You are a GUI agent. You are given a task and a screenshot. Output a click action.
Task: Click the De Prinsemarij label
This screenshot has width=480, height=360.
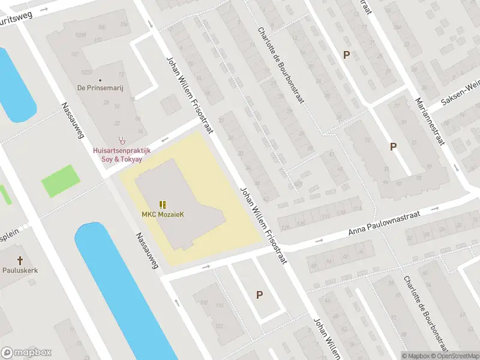100,88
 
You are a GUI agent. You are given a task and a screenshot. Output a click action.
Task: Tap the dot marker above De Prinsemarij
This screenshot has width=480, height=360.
100,80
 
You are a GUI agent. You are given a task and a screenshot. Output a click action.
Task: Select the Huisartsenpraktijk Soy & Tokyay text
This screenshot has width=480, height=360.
122,154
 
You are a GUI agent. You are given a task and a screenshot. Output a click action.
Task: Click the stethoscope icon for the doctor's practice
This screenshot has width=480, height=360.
122,139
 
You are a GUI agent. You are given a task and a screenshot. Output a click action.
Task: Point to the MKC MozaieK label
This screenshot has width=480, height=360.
162,214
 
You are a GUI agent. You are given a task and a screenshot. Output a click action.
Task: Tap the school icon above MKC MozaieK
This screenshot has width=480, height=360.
162,204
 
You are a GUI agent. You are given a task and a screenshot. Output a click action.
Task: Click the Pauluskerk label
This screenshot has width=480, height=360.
20,270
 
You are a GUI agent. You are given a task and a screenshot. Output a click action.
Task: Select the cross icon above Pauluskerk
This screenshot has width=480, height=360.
20,260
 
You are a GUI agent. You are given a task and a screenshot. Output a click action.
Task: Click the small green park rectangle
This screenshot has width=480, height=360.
60,181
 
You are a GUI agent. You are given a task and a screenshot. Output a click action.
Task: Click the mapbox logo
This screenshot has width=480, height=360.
26,353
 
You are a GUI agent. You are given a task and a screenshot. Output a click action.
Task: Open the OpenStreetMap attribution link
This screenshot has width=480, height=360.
456,356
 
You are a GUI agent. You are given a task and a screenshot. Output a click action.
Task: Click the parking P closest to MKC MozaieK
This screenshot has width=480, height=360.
259,295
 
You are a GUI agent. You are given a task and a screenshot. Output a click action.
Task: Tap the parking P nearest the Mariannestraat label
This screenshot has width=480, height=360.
393,146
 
